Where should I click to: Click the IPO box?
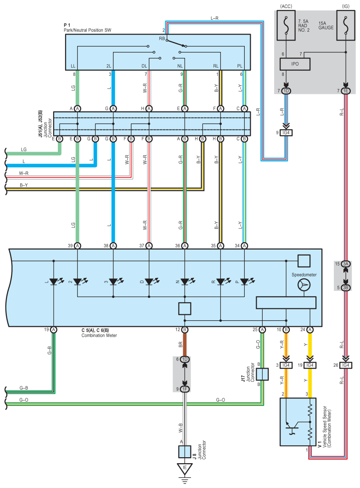click(x=295, y=64)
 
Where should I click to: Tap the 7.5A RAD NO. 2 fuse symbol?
click(x=286, y=25)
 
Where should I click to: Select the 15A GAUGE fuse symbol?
click(x=346, y=25)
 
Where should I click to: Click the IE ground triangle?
click(x=185, y=469)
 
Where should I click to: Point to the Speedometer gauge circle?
click(x=304, y=285)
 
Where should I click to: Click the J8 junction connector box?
click(x=185, y=452)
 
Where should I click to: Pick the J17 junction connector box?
click(x=262, y=374)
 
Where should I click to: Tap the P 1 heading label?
click(x=67, y=25)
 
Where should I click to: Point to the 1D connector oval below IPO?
click(x=286, y=91)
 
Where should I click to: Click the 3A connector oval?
click(x=346, y=264)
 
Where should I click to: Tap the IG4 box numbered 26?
click(x=346, y=365)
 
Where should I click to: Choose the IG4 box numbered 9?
click(x=286, y=133)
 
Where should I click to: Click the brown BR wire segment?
click(x=185, y=345)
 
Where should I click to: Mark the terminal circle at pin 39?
click(x=78, y=246)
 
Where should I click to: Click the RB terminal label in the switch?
click(x=162, y=39)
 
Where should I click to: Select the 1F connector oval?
click(x=185, y=389)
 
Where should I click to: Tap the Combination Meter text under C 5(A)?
click(x=99, y=335)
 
